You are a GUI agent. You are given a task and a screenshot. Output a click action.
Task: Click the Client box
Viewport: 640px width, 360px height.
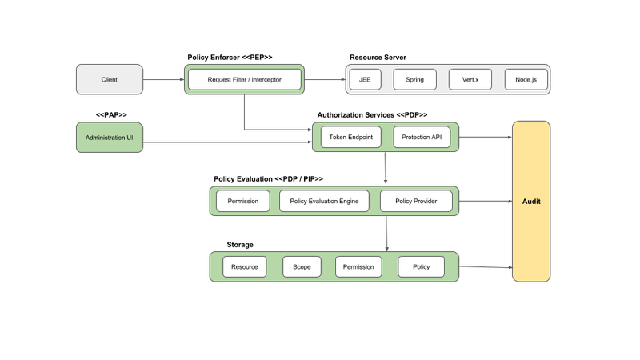(110, 80)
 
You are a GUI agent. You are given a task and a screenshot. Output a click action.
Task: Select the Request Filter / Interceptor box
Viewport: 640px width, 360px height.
(244, 80)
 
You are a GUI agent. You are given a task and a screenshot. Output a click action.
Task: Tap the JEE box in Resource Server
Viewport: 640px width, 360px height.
(365, 80)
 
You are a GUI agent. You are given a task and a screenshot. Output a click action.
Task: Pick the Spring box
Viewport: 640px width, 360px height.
(414, 80)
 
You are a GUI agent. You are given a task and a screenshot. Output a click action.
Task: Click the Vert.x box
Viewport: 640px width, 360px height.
(464, 80)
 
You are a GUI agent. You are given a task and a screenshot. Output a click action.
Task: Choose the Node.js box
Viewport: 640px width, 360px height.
(520, 80)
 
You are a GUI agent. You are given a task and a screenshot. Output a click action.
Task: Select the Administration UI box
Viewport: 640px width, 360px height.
(110, 138)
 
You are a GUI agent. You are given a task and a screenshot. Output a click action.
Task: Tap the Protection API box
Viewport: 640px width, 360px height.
(422, 138)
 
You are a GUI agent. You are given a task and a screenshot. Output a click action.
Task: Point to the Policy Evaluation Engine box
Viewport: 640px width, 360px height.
(324, 201)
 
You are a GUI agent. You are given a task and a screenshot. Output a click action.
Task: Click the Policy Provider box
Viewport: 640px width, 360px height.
(415, 201)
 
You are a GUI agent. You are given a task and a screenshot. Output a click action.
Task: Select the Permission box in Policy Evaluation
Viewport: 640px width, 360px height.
(243, 201)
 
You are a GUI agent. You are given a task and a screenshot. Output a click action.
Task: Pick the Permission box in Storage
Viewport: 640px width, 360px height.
(358, 266)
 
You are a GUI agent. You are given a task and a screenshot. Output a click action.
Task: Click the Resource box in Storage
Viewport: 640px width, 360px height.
(244, 266)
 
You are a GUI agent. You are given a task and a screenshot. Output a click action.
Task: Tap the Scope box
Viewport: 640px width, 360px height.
(302, 266)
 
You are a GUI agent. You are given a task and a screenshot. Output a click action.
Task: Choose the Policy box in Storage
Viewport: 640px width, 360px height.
(421, 266)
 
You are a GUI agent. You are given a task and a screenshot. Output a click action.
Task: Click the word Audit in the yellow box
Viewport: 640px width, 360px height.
(530, 202)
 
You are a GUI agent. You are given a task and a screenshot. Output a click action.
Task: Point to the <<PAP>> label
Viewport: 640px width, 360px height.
(111, 115)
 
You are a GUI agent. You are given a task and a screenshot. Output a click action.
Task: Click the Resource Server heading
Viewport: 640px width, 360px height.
(378, 58)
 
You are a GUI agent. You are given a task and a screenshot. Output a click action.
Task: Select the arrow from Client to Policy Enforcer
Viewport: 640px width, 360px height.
(163, 80)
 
